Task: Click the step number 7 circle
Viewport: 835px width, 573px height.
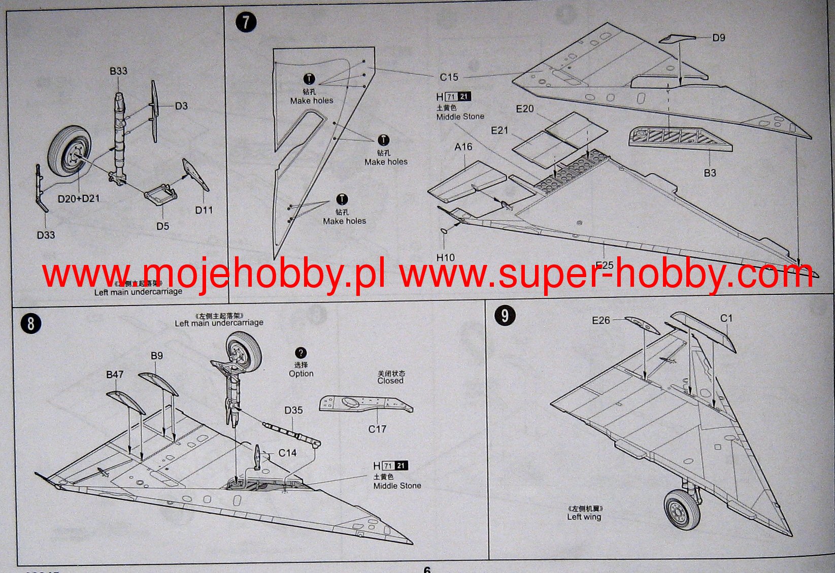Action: tap(246, 23)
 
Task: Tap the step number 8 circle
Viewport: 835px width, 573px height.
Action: tap(31, 323)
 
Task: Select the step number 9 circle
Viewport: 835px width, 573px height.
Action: tap(505, 316)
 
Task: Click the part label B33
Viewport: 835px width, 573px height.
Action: tap(118, 71)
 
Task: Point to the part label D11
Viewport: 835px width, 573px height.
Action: tap(204, 210)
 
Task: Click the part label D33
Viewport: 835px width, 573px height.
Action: tap(46, 235)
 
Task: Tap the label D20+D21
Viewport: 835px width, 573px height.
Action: tap(79, 198)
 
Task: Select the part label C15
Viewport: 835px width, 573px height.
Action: tap(449, 77)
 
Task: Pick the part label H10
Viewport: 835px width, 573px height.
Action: tap(445, 257)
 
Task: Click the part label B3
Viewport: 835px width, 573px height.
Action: tap(710, 173)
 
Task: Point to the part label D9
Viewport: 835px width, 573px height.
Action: tap(718, 38)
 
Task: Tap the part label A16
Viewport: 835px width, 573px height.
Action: tap(463, 147)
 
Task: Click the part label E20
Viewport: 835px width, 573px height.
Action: tap(524, 109)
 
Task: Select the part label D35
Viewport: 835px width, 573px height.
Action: tap(293, 410)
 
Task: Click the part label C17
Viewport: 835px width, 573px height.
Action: tap(377, 429)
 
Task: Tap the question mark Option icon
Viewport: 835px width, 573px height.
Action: tap(300, 353)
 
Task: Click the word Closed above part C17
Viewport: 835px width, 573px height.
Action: tap(390, 381)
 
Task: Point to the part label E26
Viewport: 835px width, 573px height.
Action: tap(601, 320)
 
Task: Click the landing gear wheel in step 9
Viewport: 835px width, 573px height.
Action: tap(680, 509)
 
